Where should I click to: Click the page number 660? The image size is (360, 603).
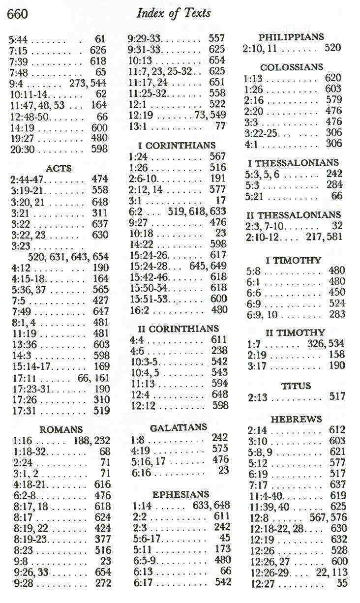18,14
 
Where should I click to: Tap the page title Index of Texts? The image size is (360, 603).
173,13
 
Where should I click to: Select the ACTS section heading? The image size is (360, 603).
59,168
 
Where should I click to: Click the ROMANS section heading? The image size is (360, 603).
61,429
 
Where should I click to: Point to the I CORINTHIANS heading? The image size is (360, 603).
177,145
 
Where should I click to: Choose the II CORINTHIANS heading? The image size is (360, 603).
177,329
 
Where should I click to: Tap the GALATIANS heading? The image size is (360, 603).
179,427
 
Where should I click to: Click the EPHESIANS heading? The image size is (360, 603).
180,494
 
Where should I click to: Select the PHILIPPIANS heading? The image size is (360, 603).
291,37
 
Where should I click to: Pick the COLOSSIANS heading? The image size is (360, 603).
292,67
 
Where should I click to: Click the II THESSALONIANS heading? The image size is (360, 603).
293,215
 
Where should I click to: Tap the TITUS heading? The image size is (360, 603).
296,386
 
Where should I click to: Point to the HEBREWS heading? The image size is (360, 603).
296,419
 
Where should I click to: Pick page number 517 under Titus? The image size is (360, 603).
337,396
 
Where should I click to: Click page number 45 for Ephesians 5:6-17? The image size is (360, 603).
225,538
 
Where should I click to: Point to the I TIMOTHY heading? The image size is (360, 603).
293,260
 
